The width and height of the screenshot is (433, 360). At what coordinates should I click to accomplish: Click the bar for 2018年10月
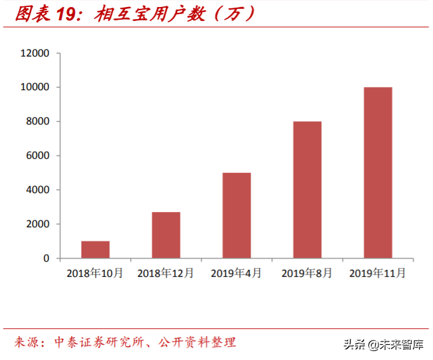[x=95, y=250]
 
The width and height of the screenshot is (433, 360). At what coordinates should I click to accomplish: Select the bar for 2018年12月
[x=166, y=235]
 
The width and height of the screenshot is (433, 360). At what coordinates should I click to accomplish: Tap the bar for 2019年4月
[x=236, y=215]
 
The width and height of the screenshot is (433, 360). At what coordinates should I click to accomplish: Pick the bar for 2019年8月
[x=307, y=190]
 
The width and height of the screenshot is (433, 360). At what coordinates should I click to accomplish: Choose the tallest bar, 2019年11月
[x=378, y=173]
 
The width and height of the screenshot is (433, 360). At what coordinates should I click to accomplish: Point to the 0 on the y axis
[x=46, y=258]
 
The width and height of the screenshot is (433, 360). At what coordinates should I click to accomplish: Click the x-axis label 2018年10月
[x=95, y=274]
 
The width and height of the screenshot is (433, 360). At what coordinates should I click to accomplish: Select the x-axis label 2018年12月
[x=166, y=274]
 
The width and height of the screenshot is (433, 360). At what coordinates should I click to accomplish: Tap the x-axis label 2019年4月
[x=236, y=274]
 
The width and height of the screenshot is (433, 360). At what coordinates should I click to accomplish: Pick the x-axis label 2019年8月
[x=307, y=274]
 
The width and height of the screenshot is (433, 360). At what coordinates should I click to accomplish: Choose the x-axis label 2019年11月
[x=378, y=274]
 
